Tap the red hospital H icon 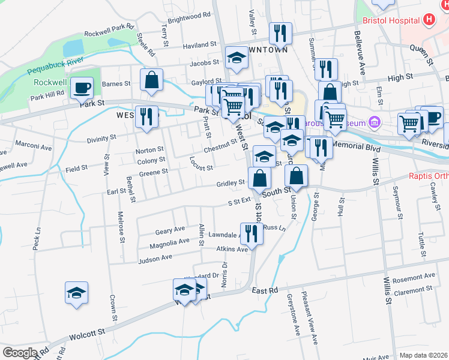tap(428, 19)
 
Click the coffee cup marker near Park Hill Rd tap(82, 88)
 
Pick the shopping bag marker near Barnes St tap(152, 79)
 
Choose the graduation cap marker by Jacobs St tap(237, 58)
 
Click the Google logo tap(20, 353)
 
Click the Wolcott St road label tap(88, 331)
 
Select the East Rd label tap(265, 290)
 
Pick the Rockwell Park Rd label tap(109, 29)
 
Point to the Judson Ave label tap(155, 259)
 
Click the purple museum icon tap(376, 122)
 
